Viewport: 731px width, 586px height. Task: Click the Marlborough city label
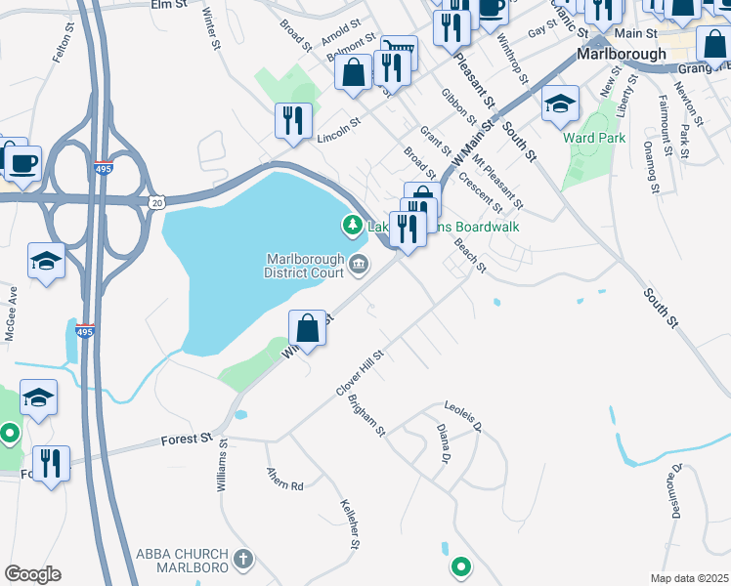(621, 54)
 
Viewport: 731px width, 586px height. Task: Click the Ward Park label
(594, 138)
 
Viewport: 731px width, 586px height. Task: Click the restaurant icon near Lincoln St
(293, 120)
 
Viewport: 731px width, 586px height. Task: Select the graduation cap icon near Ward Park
(560, 104)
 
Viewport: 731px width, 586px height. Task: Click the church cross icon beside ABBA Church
(242, 560)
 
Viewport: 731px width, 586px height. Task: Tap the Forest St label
(186, 441)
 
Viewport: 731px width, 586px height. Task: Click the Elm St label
(168, 5)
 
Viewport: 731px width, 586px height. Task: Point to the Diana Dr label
(443, 443)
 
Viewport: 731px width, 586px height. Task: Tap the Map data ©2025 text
(688, 578)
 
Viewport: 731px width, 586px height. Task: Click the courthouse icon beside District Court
(358, 262)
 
